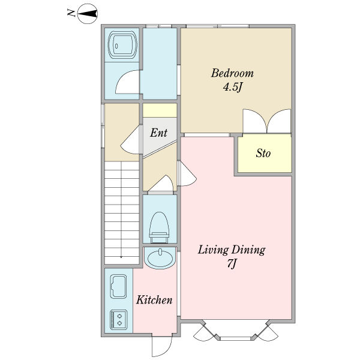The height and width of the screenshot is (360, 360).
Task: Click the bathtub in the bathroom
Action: point(122,45)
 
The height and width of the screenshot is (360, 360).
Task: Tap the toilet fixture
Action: point(159,227)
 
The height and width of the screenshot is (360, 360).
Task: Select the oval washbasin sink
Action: point(160,258)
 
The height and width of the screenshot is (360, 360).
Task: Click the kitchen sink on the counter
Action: point(118,286)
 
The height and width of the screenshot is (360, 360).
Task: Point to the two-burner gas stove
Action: point(118,320)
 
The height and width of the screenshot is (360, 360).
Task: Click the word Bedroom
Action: point(232,73)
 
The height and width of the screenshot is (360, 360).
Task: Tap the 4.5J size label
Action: point(233,87)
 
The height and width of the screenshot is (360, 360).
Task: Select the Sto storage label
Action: point(263,153)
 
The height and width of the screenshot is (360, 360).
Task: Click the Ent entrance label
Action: point(158,133)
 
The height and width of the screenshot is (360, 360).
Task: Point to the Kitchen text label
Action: point(154,300)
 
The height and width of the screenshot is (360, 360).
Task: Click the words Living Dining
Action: point(232,250)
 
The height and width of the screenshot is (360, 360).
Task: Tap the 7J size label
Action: point(232,263)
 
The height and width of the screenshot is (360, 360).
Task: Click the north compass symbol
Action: point(88,14)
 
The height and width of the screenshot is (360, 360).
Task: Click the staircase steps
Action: point(122,212)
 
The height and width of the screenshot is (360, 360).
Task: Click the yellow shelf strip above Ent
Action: point(160,110)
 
